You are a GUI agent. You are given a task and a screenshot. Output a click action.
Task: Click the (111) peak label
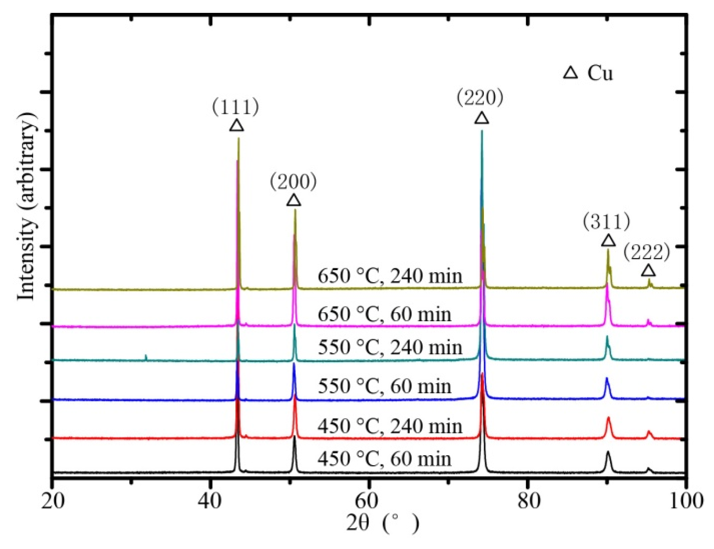[x=235, y=107]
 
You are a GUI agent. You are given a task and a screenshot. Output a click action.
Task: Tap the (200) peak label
[x=293, y=182]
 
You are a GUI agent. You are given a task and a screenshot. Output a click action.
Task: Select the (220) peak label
[x=480, y=98]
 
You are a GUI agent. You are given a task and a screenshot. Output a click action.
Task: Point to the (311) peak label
[x=606, y=222]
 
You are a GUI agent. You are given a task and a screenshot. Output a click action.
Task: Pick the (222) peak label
[x=646, y=252]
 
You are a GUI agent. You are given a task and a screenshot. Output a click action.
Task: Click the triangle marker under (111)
[x=236, y=126]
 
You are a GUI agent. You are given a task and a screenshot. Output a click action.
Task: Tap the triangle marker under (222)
[x=648, y=271]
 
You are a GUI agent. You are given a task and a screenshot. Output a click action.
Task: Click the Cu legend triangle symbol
[x=570, y=73]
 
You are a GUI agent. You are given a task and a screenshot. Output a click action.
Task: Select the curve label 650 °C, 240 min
[x=390, y=276]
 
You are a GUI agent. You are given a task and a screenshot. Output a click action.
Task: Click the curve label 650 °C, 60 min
[x=384, y=314]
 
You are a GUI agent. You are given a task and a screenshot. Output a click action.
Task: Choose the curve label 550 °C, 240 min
[x=390, y=347]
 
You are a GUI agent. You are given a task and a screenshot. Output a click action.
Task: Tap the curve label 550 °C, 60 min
[x=384, y=386]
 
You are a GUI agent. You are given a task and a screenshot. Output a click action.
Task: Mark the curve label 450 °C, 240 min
[x=390, y=426]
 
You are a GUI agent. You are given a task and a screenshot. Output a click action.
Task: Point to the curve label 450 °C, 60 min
[x=384, y=459]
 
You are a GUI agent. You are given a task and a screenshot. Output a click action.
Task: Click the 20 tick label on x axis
[x=53, y=500]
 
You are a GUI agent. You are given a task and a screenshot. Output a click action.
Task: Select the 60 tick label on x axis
[x=368, y=500]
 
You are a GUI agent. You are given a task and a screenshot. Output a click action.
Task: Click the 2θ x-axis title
[x=382, y=523]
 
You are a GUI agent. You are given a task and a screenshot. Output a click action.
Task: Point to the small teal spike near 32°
[x=146, y=357]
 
